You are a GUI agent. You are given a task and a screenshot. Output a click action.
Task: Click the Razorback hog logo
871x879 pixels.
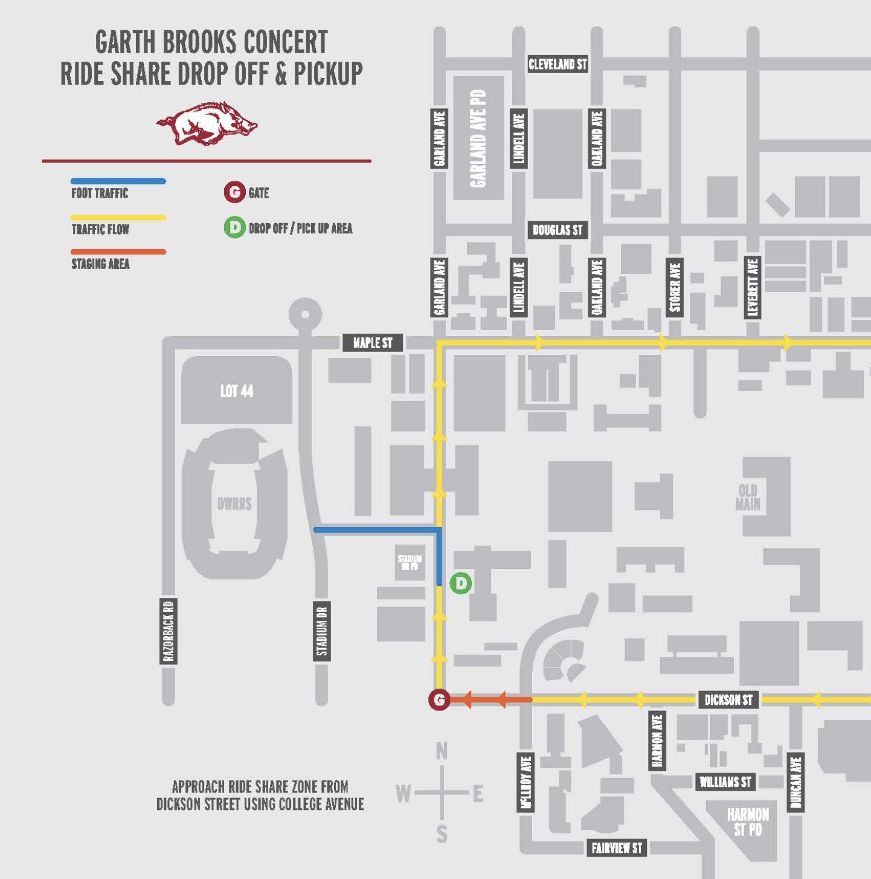coord(207,124)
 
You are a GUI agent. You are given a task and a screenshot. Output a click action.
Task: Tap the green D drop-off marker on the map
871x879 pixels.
coord(461,583)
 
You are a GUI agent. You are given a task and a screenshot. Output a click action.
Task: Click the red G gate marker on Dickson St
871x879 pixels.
coord(439,699)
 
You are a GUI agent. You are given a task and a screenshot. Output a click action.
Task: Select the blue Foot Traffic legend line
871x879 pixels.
coord(118,181)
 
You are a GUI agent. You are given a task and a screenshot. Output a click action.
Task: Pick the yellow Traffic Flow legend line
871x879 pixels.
coord(118,218)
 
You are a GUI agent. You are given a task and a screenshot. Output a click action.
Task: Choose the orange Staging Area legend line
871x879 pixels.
coord(118,252)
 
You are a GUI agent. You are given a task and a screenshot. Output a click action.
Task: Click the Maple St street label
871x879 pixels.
coord(373,343)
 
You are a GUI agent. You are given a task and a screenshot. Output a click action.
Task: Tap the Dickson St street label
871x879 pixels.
coord(728,700)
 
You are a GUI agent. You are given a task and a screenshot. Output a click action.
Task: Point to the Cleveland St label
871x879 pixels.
coord(558,64)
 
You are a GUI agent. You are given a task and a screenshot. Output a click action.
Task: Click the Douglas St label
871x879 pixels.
coord(558,230)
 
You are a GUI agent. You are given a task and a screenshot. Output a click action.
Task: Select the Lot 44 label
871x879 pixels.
coord(237,391)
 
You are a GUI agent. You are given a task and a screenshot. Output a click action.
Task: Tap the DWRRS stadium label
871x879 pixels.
coord(234,504)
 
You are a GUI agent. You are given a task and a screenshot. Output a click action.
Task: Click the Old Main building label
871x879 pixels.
coord(748,497)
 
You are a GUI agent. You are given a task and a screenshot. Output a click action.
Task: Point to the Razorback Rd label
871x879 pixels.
coord(169,631)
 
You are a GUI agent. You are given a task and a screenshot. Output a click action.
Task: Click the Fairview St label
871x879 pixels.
coord(617,848)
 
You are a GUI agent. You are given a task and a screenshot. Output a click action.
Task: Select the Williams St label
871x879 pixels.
coord(725,782)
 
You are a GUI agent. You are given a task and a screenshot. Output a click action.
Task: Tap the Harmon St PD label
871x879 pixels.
coord(748,822)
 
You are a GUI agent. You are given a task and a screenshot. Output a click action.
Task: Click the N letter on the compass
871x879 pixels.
coord(442,751)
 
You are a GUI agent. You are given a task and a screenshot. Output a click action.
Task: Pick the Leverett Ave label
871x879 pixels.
coord(753,287)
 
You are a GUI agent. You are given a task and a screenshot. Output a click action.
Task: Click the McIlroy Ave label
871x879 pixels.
coord(526,782)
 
